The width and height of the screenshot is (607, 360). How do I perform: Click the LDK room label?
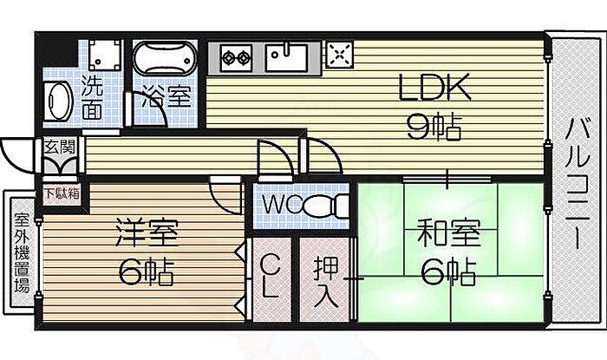pyautogui.click(x=434, y=87)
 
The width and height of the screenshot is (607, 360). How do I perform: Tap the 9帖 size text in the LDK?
pyautogui.click(x=434, y=127)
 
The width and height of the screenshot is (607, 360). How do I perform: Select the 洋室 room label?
pyautogui.click(x=147, y=232)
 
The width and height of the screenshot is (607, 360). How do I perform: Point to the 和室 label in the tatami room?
pyautogui.click(x=448, y=232)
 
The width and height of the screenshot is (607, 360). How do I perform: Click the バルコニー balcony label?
pyautogui.click(x=577, y=184)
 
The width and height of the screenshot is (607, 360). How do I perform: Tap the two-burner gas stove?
pyautogui.click(x=235, y=58)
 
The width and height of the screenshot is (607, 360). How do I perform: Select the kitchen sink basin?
pyautogui.click(x=286, y=57)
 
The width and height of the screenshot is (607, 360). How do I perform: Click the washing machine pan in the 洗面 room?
pyautogui.click(x=105, y=54)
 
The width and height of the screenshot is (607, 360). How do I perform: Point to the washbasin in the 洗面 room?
pyautogui.click(x=57, y=101)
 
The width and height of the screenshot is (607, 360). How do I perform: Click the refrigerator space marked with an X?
pyautogui.click(x=340, y=54)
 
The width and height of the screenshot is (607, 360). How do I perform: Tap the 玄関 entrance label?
pyautogui.click(x=59, y=147)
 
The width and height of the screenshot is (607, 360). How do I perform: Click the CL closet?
pyautogui.click(x=271, y=279)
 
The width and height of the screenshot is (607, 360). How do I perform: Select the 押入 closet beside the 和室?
pyautogui.click(x=325, y=279)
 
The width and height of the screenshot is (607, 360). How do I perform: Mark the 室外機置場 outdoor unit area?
pyautogui.click(x=22, y=252)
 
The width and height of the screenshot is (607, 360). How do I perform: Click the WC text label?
pyautogui.click(x=282, y=205)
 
